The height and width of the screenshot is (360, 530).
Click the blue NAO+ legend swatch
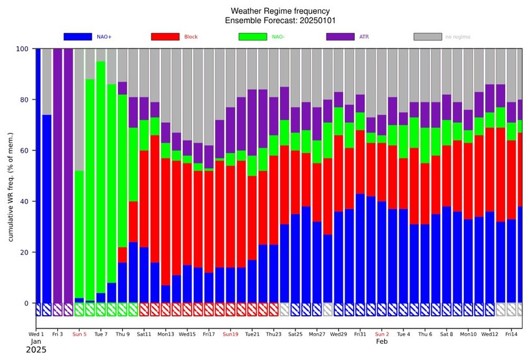78,37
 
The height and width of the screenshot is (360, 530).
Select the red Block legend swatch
165,37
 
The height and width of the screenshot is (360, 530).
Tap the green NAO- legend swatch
253,37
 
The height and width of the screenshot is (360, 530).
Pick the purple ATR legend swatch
340,37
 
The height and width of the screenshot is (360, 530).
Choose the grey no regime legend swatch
428,37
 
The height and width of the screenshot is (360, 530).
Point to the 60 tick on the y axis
26,150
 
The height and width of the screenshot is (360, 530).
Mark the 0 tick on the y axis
27,303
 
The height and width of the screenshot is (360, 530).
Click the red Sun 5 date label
79,334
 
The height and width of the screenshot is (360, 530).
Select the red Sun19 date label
231,334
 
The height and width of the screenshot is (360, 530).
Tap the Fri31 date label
360,334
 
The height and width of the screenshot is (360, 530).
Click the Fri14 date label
512,334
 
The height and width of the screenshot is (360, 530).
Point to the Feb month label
381,342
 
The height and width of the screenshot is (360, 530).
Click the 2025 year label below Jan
36,351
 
